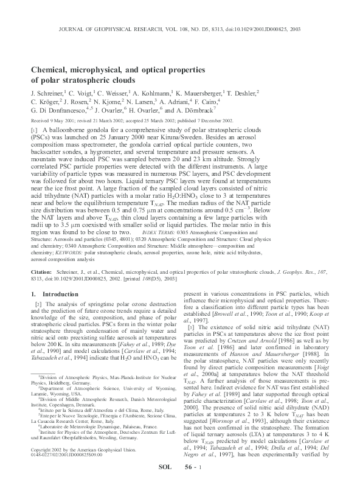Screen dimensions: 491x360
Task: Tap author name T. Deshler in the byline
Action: (241, 93)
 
